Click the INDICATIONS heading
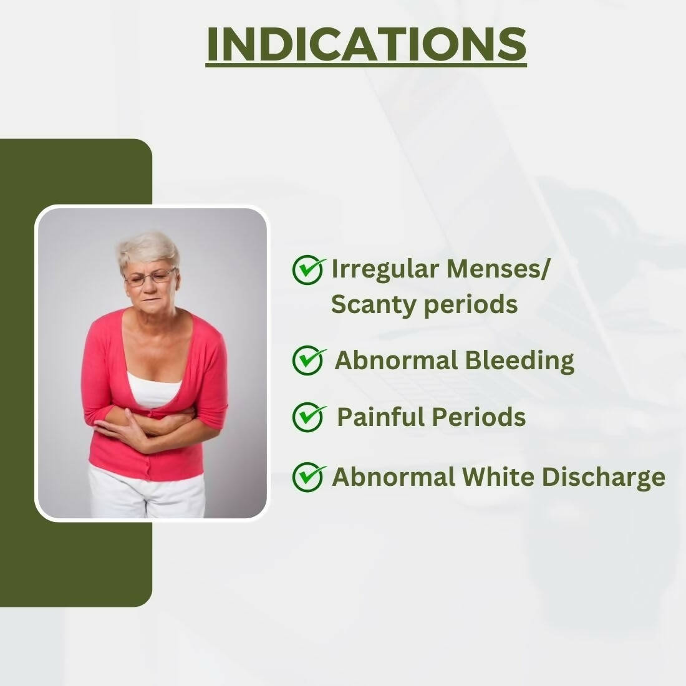tap(366, 44)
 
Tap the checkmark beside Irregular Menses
tap(308, 269)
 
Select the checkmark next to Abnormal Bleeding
tap(309, 360)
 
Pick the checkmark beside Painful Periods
tap(309, 417)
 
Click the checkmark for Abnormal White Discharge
tap(309, 476)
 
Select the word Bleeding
tap(519, 361)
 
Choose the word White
tap(498, 476)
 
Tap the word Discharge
tap(603, 478)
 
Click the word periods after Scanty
tap(471, 305)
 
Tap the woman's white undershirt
tap(154, 389)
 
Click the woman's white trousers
tap(147, 492)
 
